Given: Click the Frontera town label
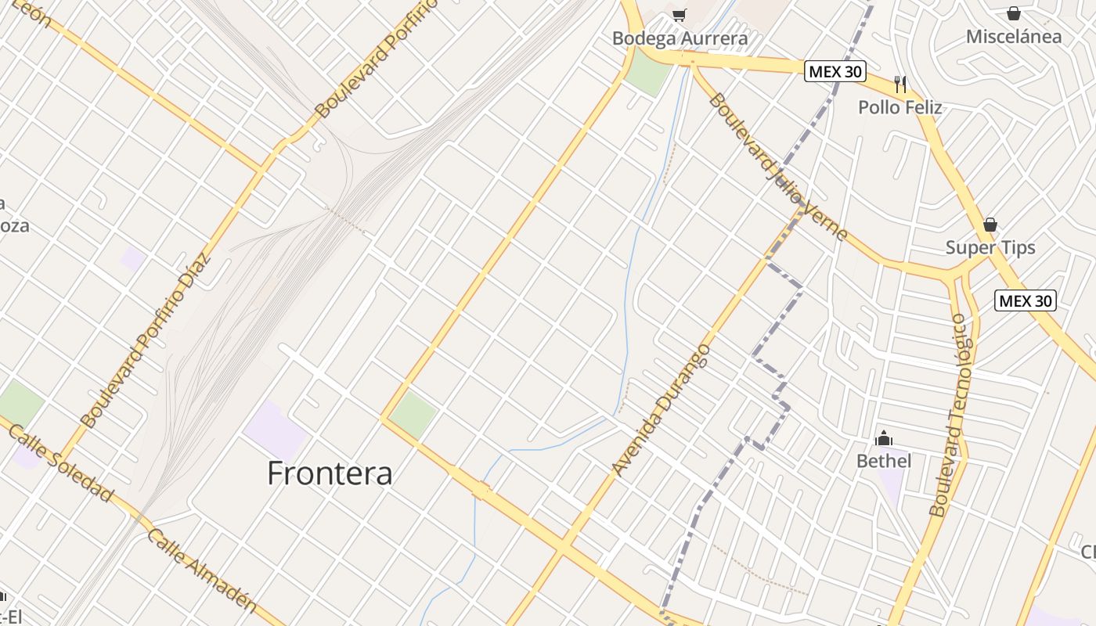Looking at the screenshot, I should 330,473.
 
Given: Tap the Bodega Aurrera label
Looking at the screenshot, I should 680,38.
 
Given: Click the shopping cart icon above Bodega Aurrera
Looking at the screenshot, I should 680,14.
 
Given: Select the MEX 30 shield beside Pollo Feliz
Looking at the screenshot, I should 835,71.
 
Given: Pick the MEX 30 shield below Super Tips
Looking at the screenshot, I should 1026,300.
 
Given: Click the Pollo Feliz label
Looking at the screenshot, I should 900,107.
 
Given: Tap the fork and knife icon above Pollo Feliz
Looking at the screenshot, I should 900,84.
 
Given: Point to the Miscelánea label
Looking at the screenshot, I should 1014,37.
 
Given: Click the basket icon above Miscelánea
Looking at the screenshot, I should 1014,13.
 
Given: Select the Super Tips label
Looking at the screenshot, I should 990,248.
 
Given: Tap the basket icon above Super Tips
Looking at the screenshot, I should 990,225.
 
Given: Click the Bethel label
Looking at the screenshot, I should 884,461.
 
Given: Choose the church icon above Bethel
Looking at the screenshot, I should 884,437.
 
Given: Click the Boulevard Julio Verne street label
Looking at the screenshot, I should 779,167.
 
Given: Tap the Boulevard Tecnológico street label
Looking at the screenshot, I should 950,415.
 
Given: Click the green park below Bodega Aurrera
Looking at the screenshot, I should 649,73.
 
